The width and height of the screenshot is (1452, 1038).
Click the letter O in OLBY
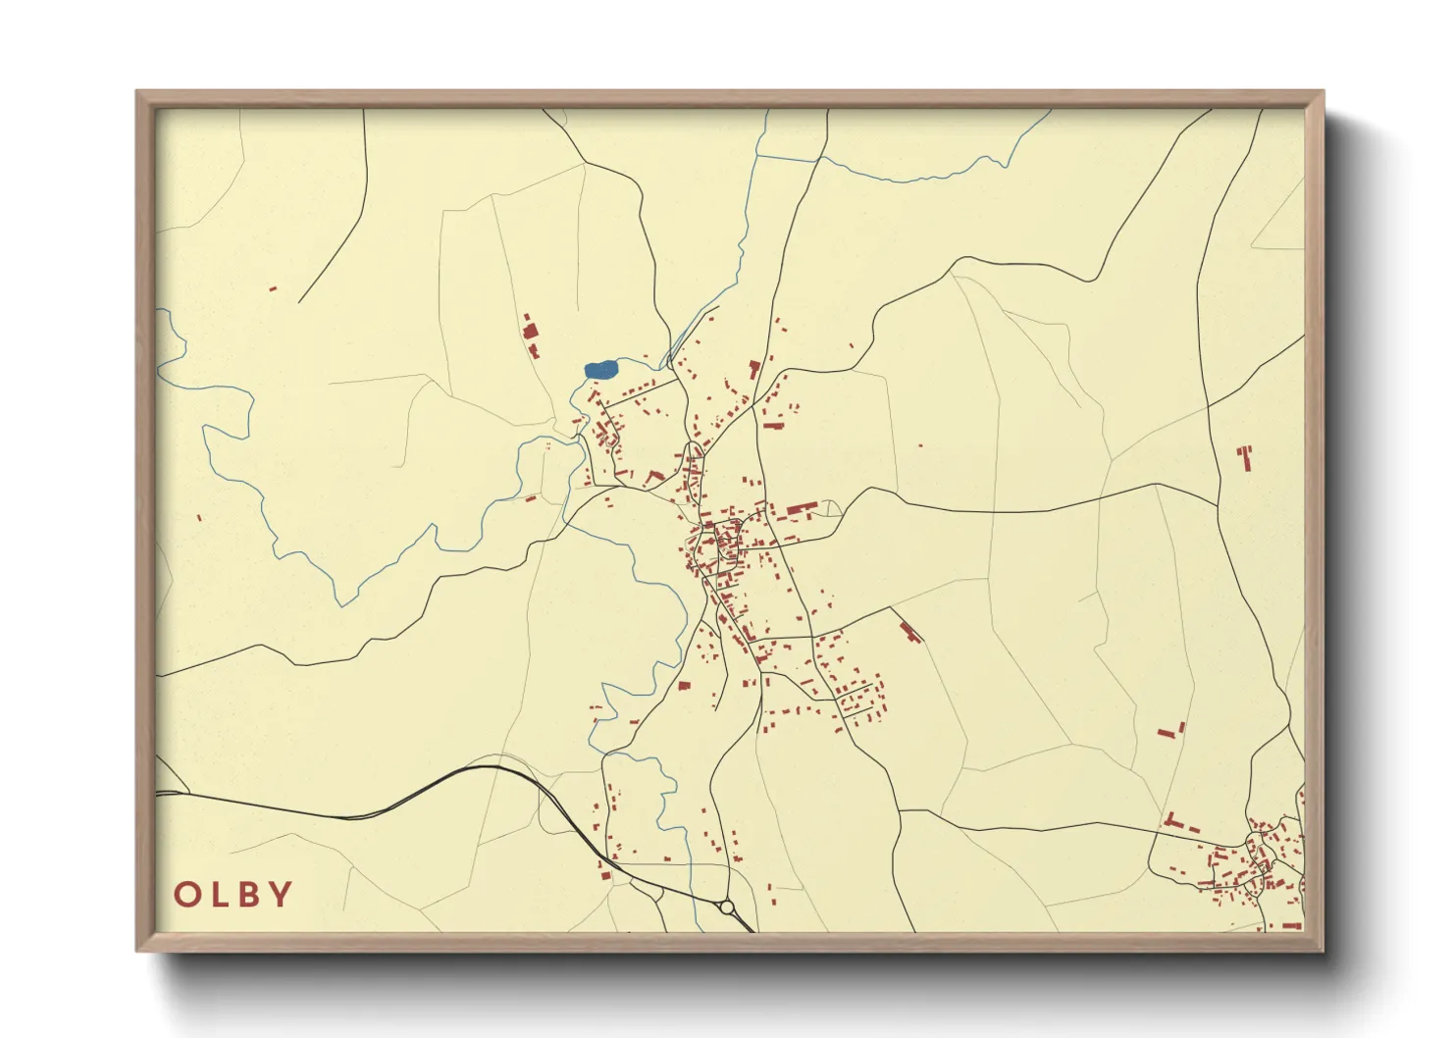coord(187,895)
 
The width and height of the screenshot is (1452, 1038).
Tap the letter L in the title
coord(221,895)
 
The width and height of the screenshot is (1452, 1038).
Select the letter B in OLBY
coord(250,895)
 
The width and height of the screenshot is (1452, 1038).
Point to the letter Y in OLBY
coord(281,895)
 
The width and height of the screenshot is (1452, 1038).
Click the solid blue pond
coord(600,370)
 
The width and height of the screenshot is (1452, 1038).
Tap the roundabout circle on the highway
coord(727,908)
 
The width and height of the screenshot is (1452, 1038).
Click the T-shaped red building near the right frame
coord(1245,456)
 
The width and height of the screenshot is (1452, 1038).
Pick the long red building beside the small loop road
coord(802,509)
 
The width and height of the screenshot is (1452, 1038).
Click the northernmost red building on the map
coord(273,288)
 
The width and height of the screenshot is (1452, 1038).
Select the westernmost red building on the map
coord(199,517)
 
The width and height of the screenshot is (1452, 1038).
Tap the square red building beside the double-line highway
coord(605,875)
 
